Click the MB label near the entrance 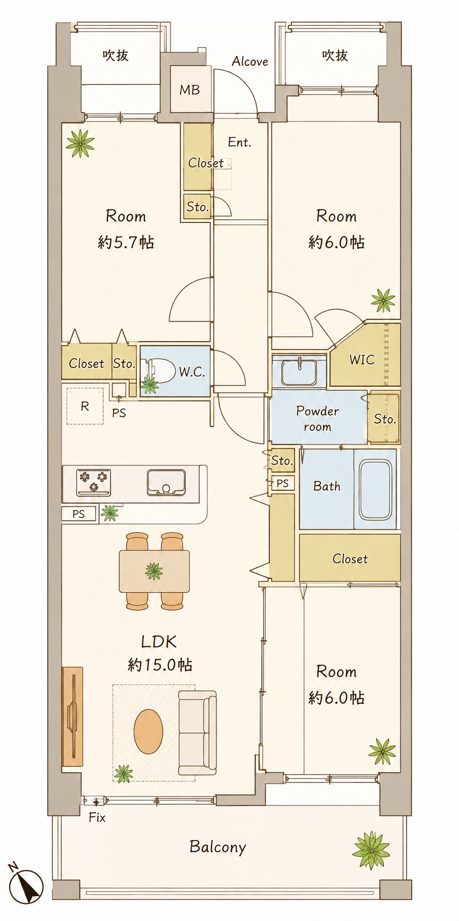(x=189, y=90)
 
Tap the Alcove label (x=250, y=62)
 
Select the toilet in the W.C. (x=160, y=371)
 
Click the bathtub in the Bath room (x=375, y=490)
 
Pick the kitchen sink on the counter (x=166, y=482)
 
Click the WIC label (x=361, y=360)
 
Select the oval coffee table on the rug (x=148, y=731)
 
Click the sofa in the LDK (x=197, y=732)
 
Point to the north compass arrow (x=26, y=884)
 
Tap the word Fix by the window (x=97, y=818)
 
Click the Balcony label (x=217, y=847)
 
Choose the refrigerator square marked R (x=85, y=406)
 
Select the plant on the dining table (x=154, y=571)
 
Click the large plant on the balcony (x=371, y=851)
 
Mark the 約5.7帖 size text (x=126, y=242)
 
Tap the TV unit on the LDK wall (x=73, y=716)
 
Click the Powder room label (x=317, y=419)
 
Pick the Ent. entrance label (x=240, y=142)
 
